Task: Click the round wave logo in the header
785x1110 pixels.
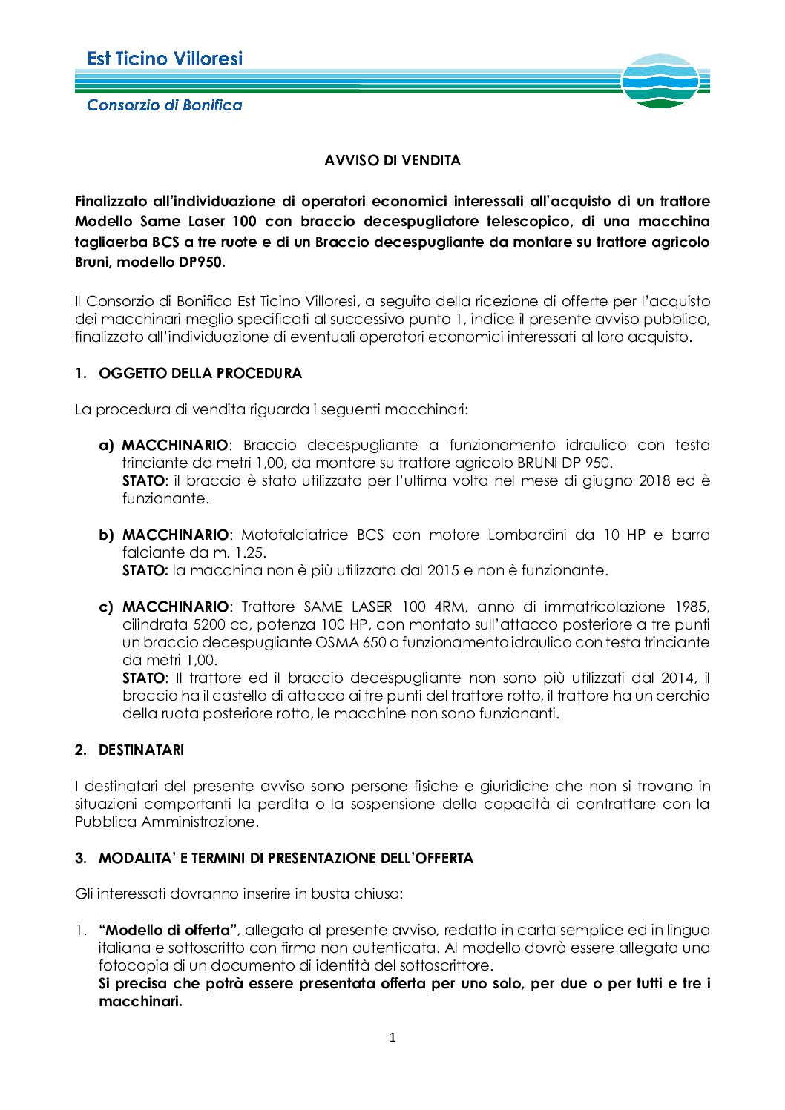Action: (x=660, y=81)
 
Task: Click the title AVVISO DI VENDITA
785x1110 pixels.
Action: (x=392, y=160)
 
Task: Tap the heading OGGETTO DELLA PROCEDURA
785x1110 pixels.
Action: (x=200, y=373)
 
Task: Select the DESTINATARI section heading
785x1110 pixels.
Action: (x=141, y=750)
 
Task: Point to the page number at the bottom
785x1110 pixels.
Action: (x=392, y=1037)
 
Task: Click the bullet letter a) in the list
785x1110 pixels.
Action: (x=107, y=445)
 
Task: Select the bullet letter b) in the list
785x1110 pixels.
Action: (x=107, y=535)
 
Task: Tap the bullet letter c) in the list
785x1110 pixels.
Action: (x=107, y=607)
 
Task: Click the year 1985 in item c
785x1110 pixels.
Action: (x=692, y=607)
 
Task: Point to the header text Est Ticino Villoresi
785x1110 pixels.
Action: (x=165, y=59)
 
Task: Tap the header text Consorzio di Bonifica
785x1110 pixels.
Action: (x=165, y=105)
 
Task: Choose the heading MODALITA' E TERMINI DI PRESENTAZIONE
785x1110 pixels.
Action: (x=286, y=858)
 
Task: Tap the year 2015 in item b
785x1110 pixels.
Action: (x=443, y=570)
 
